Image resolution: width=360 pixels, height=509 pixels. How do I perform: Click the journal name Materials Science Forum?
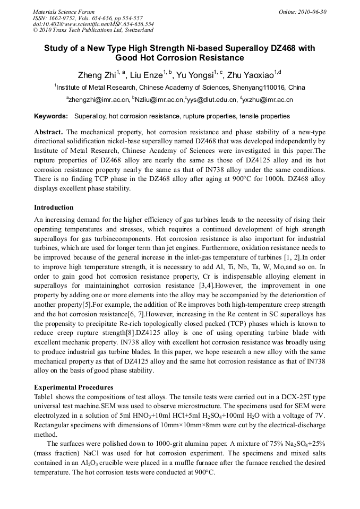64,12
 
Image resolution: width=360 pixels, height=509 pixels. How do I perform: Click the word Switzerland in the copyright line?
133,30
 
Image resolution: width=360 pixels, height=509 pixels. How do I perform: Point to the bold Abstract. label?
49,132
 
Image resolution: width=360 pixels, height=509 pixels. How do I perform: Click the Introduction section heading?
54,207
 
